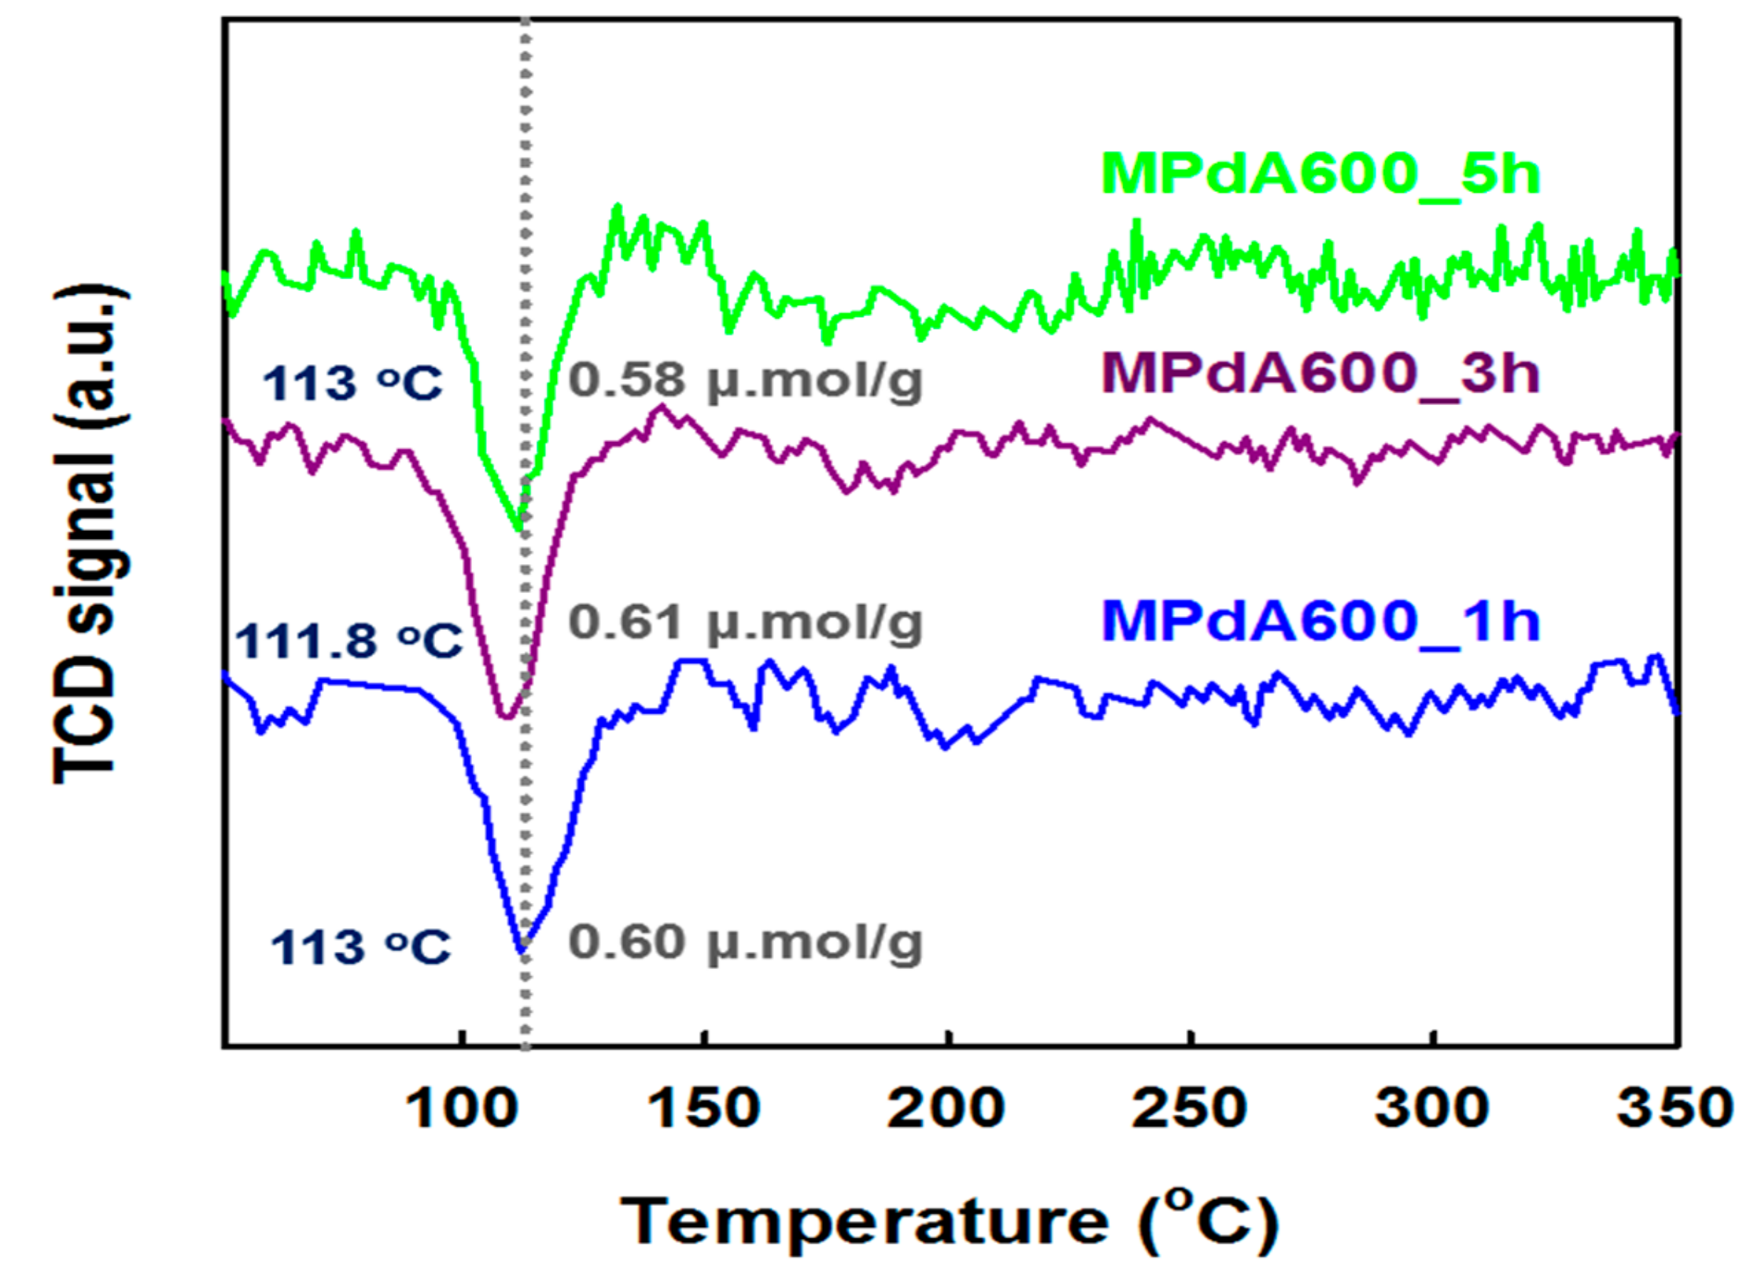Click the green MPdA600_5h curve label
coord(1320,174)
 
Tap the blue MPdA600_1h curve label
coord(1320,622)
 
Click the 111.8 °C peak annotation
coord(348,641)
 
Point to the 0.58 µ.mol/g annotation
coord(745,381)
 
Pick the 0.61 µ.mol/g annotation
coord(745,624)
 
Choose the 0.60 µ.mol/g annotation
coord(745,943)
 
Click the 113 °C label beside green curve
coord(352,385)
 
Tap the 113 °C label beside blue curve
coord(360,947)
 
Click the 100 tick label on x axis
coord(462,1109)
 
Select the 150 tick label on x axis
coord(704,1109)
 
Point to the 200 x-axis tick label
coord(946,1109)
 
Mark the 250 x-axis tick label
coord(1189,1109)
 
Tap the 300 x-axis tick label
coord(1432,1109)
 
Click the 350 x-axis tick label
coord(1675,1109)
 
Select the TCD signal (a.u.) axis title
coord(90,535)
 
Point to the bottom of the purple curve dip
coord(506,717)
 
